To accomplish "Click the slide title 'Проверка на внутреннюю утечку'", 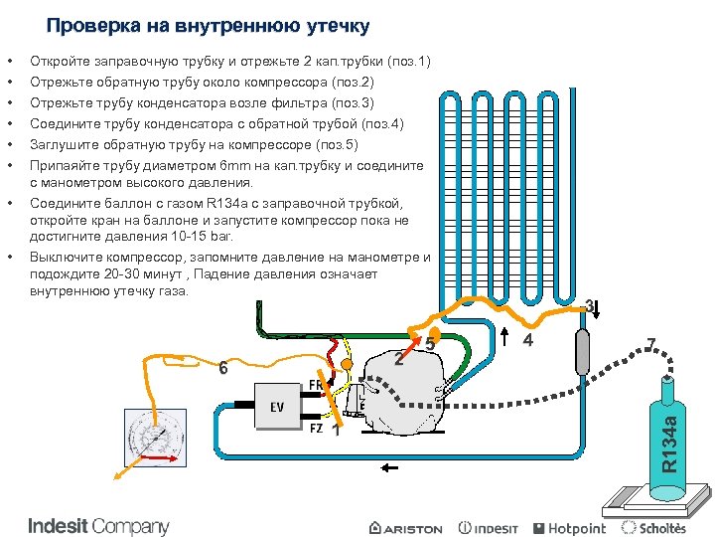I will pos(208,25).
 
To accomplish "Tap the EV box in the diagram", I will pos(277,407).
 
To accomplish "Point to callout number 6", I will pos(223,369).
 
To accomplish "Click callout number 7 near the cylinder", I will pos(651,344).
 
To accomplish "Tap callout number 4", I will pos(528,341).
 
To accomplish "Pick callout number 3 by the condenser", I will pos(589,305).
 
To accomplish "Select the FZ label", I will pos(316,429).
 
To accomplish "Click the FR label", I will pos(315,384).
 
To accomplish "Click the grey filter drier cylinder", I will pos(583,349).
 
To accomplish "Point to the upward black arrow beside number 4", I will pos(505,338).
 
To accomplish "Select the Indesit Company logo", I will pos(98,526).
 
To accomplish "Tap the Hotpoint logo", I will pos(570,528).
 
